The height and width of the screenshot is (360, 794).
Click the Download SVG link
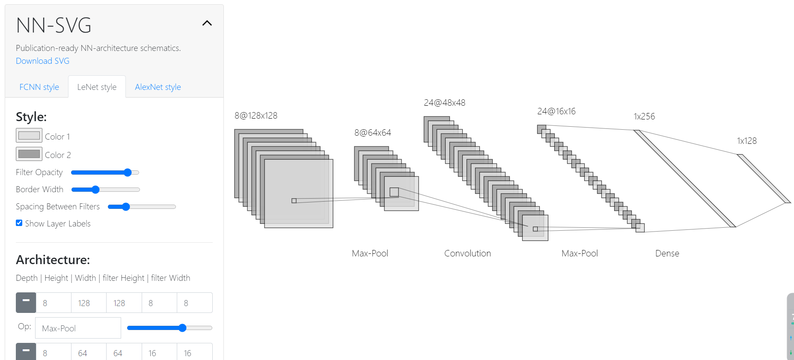pyautogui.click(x=42, y=61)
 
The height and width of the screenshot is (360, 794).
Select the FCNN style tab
pyautogui.click(x=39, y=87)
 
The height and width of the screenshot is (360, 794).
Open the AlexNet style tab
pyautogui.click(x=158, y=87)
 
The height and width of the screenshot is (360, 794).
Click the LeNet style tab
pyautogui.click(x=97, y=87)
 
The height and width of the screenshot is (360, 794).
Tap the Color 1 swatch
pyautogui.click(x=29, y=135)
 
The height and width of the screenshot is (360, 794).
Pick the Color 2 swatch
pyautogui.click(x=29, y=154)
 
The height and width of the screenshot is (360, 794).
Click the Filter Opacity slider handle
pyautogui.click(x=128, y=173)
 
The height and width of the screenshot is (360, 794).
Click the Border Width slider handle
pyautogui.click(x=95, y=190)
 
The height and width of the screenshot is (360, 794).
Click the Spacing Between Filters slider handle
pyautogui.click(x=126, y=207)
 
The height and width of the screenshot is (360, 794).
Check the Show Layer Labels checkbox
pyautogui.click(x=19, y=223)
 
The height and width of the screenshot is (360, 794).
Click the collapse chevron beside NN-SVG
pyautogui.click(x=207, y=23)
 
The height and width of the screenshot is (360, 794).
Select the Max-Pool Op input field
pyautogui.click(x=78, y=328)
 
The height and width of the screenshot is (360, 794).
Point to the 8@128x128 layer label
pyautogui.click(x=256, y=116)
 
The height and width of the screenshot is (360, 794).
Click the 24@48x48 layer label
pyautogui.click(x=444, y=103)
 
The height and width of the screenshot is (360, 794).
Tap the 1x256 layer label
pyautogui.click(x=644, y=116)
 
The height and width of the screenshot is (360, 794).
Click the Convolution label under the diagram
pyautogui.click(x=467, y=253)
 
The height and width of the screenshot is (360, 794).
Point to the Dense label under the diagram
pyautogui.click(x=667, y=253)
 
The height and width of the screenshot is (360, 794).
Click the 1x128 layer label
pyautogui.click(x=746, y=141)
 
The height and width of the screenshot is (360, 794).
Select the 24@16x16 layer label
pyautogui.click(x=556, y=111)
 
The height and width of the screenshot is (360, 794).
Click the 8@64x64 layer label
pyautogui.click(x=372, y=133)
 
